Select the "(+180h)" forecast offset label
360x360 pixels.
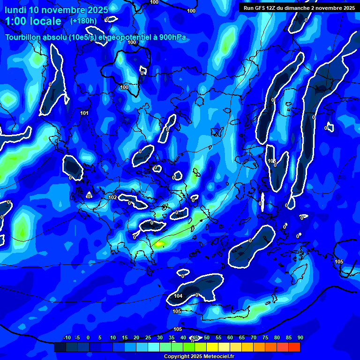83,21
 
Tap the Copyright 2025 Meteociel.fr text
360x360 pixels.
199,357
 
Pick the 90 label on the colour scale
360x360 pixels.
300,337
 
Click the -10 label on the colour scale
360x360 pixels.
67,337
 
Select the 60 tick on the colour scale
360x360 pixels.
230,337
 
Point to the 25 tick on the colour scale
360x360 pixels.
148,337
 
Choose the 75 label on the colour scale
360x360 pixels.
265,337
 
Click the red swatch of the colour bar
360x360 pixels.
294,347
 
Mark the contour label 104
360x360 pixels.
178,296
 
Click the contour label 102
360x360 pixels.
113,198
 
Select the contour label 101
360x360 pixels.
84,113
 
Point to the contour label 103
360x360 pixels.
271,161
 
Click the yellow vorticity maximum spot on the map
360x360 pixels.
159,244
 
